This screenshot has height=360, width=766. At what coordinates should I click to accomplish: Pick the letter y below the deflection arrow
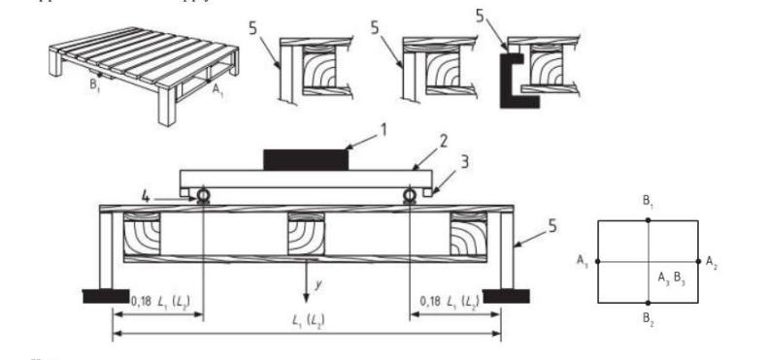point(317,288)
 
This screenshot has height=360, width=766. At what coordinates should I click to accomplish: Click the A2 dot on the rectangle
point(698,261)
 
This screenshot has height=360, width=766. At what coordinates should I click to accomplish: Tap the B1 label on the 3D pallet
point(96,97)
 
